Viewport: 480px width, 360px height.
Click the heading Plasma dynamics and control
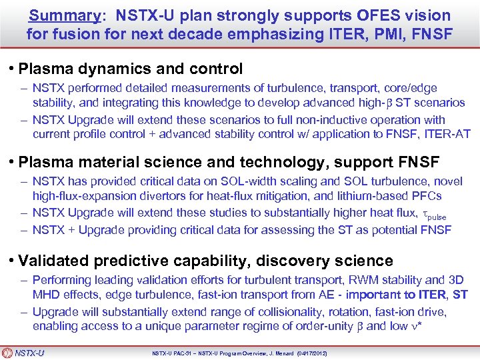point(131,68)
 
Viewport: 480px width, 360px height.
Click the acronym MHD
point(46,294)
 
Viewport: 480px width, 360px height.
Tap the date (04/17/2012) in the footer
point(308,352)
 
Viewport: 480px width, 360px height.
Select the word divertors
point(161,197)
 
